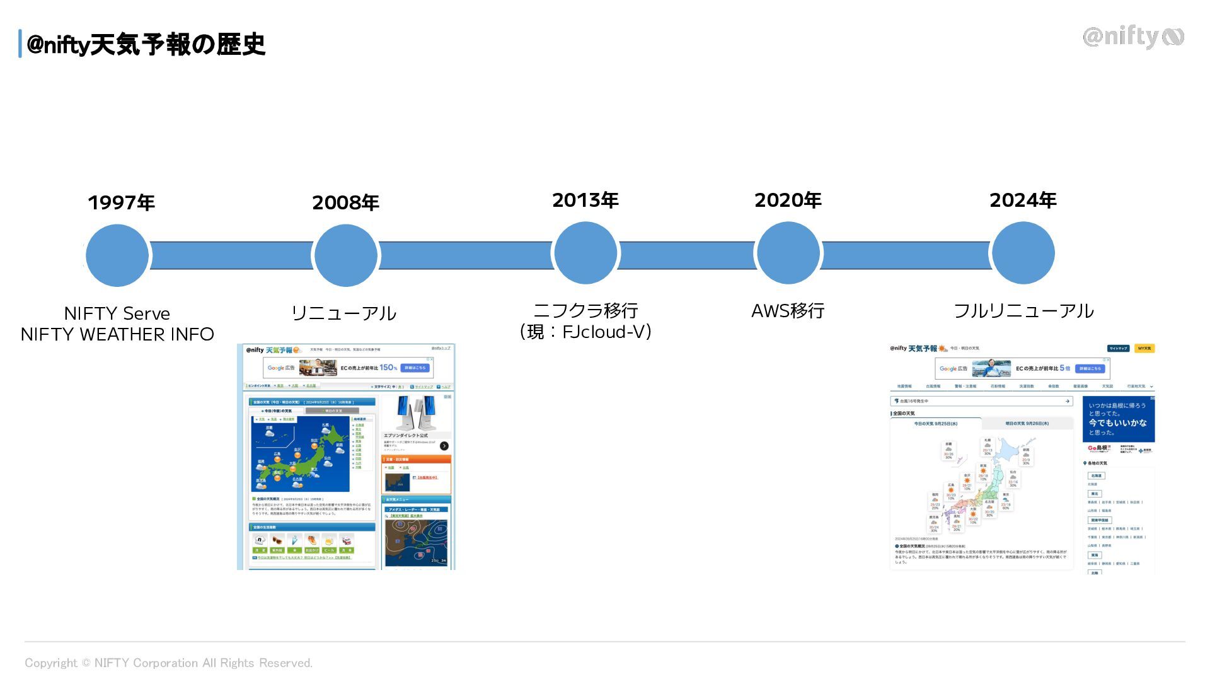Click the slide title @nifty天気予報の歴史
click(x=146, y=45)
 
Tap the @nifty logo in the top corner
click(x=1132, y=37)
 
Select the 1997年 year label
click(x=121, y=202)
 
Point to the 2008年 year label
click(x=345, y=202)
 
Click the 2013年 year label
click(x=585, y=200)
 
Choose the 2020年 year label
click(x=788, y=200)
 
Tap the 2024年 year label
click(x=1022, y=200)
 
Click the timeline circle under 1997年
click(x=117, y=255)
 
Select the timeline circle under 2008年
click(x=345, y=255)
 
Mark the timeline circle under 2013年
click(x=585, y=253)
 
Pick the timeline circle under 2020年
click(x=788, y=253)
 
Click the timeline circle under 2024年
click(x=1023, y=253)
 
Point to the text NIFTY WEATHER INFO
click(x=117, y=334)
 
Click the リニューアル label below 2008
click(x=343, y=313)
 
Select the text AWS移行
click(x=788, y=311)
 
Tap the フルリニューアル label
click(x=1023, y=311)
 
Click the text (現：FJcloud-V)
click(x=585, y=332)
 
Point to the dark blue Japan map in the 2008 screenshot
click(x=300, y=454)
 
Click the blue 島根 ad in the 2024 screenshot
click(x=1118, y=419)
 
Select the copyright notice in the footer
click(x=168, y=663)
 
